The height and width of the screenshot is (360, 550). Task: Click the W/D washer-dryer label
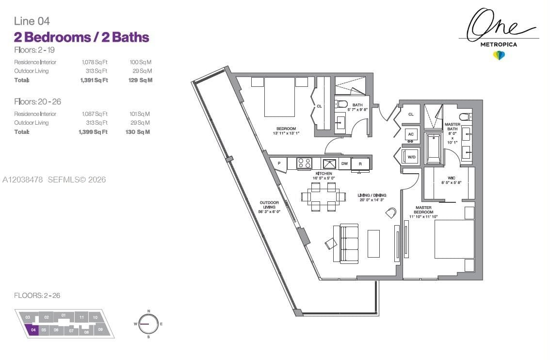click(x=411, y=157)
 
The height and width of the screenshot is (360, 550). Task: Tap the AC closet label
click(x=411, y=134)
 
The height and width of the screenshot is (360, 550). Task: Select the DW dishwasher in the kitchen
click(x=344, y=164)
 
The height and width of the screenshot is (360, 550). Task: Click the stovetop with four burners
click(x=304, y=163)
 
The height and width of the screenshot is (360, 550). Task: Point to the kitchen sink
click(x=329, y=164)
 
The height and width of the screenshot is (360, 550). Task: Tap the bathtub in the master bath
click(x=434, y=148)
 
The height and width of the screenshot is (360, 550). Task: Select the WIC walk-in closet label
click(x=452, y=178)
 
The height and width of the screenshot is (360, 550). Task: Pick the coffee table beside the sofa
click(x=373, y=244)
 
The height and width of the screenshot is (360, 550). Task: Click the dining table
click(x=324, y=197)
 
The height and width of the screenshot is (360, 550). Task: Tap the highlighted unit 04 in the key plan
click(x=32, y=330)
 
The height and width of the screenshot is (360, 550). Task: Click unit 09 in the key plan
click(x=101, y=329)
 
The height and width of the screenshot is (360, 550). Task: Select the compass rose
click(x=148, y=324)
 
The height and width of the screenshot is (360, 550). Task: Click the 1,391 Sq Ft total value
click(x=94, y=80)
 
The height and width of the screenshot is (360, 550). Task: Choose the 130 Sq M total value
click(x=138, y=132)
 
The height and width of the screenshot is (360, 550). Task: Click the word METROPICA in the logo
click(x=499, y=45)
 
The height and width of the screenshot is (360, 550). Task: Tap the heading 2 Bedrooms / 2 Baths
click(x=81, y=37)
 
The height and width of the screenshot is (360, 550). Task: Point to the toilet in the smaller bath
click(x=341, y=104)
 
